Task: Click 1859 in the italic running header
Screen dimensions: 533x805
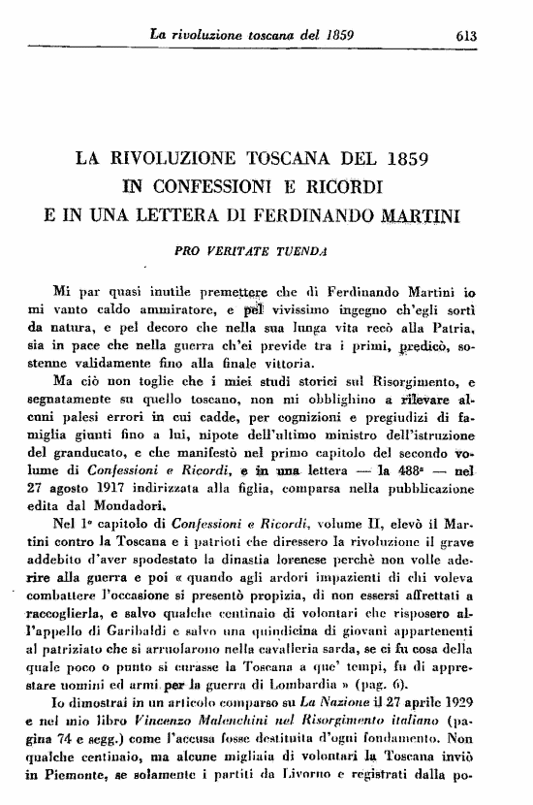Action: pyautogui.click(x=334, y=36)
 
